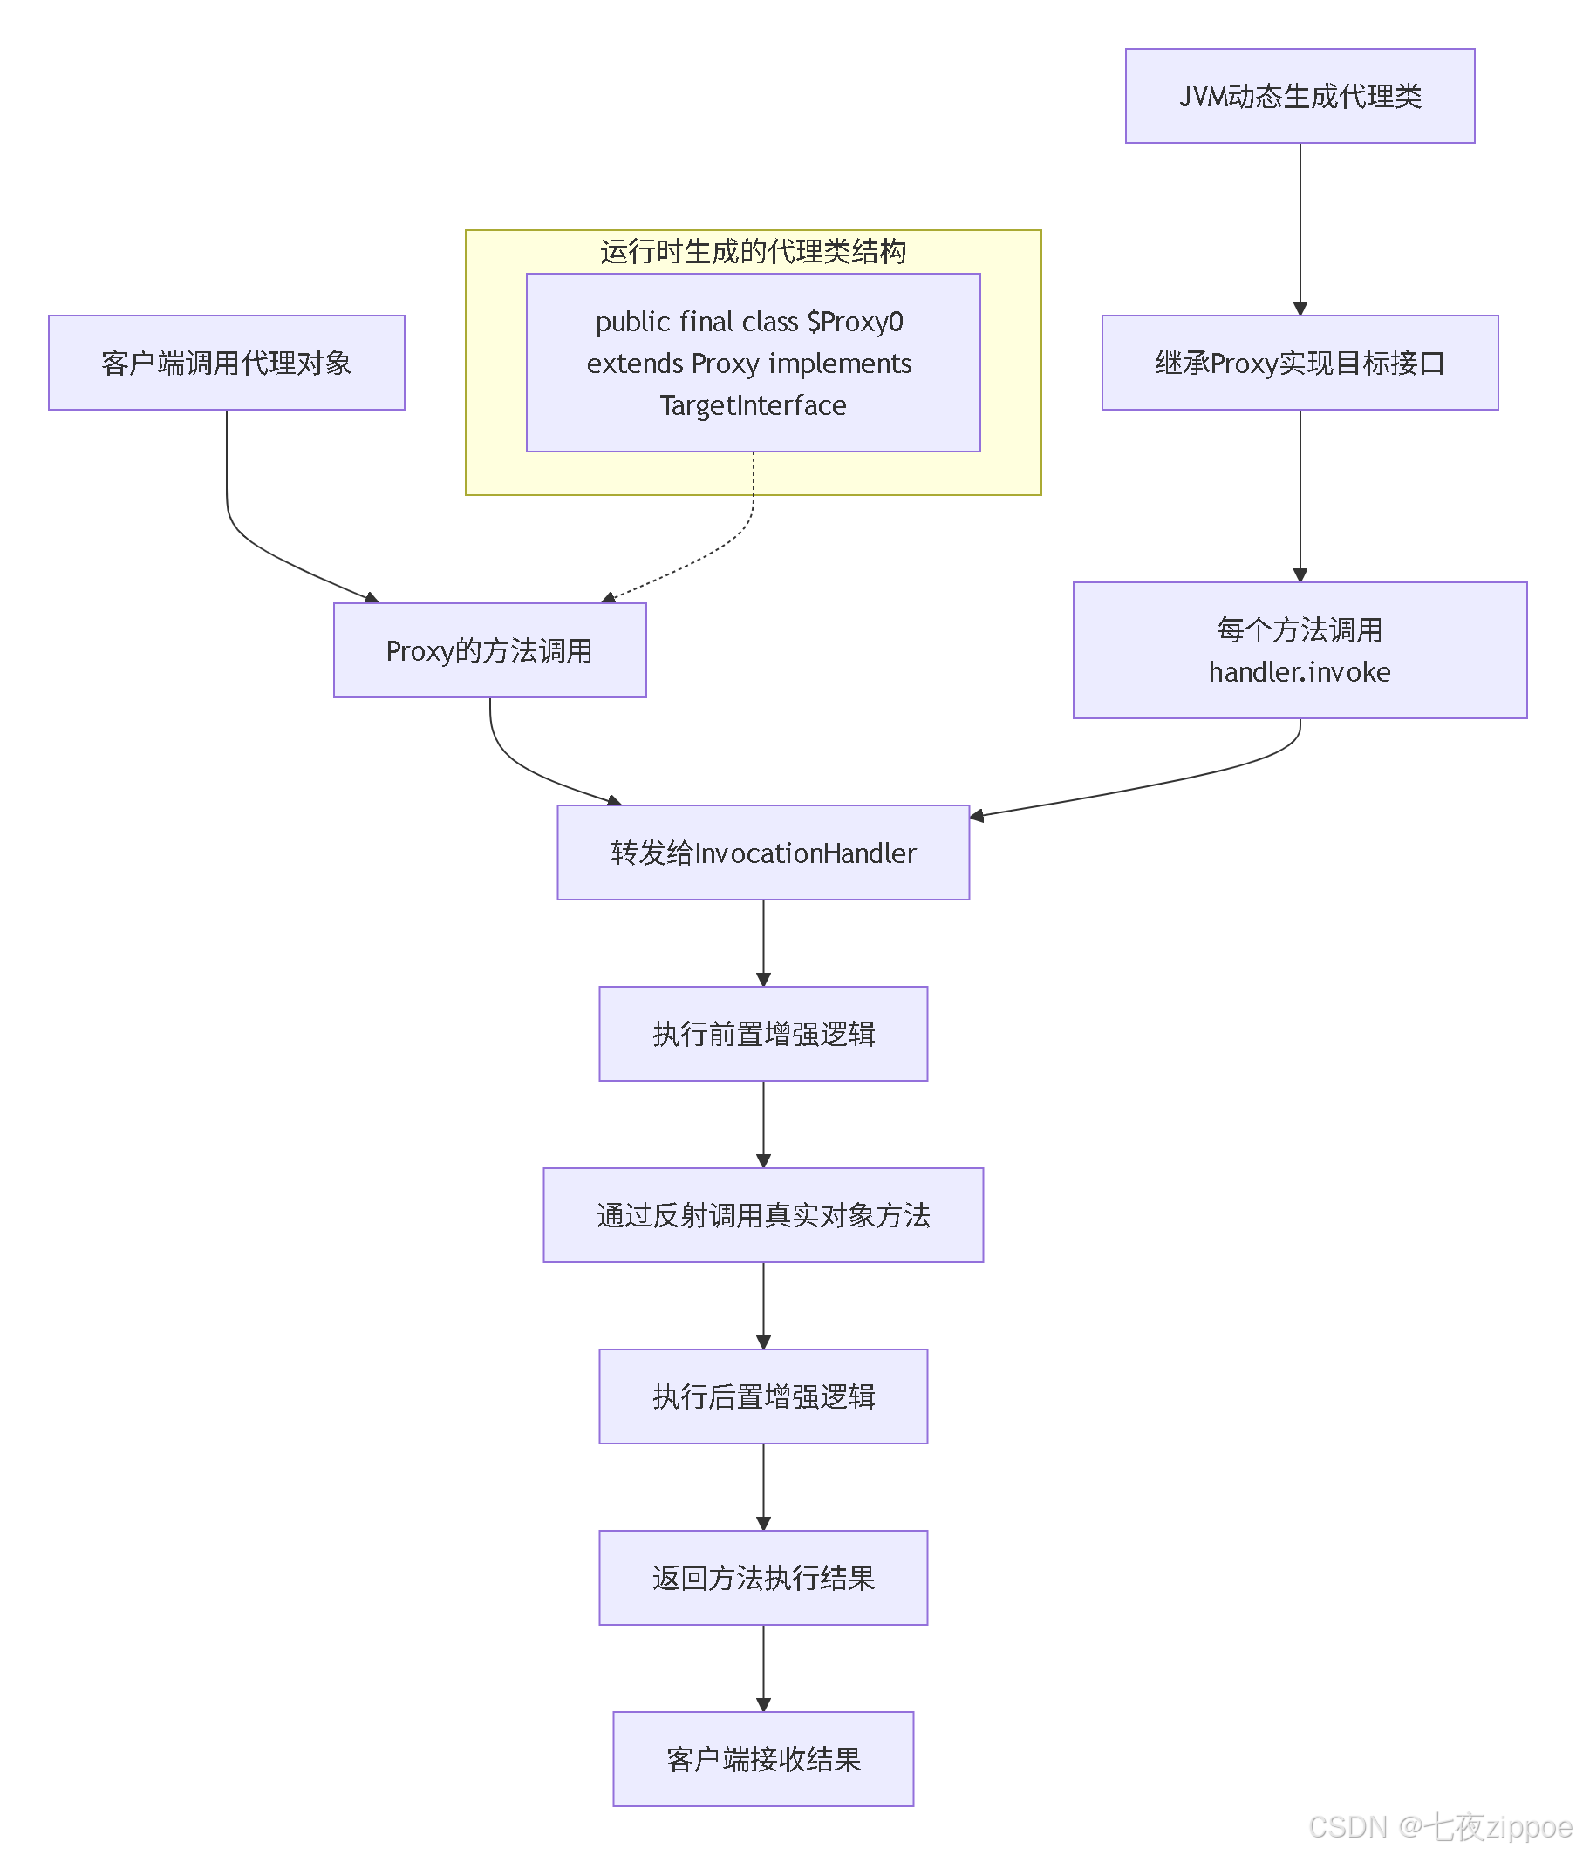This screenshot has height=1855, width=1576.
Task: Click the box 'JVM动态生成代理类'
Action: [x=1300, y=96]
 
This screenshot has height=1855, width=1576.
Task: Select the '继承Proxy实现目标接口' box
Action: [x=1300, y=363]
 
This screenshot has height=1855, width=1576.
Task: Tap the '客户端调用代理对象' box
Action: [x=227, y=363]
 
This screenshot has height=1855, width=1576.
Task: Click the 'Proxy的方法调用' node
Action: [x=489, y=650]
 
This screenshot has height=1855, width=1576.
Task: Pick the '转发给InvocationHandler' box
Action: [x=763, y=852]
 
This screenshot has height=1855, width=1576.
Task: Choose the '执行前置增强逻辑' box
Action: [x=763, y=1033]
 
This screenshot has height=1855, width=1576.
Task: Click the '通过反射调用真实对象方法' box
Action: [x=763, y=1214]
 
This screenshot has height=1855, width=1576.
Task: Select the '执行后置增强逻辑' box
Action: [x=763, y=1396]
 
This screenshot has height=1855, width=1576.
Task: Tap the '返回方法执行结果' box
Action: [x=763, y=1577]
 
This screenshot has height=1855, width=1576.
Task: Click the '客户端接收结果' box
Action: [x=763, y=1758]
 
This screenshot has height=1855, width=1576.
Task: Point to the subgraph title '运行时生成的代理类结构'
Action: [x=754, y=252]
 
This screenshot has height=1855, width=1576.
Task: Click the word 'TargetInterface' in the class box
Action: [x=754, y=405]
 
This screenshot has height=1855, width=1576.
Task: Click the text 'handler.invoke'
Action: [x=1300, y=671]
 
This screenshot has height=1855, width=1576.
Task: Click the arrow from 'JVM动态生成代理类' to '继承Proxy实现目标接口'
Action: [x=1300, y=228]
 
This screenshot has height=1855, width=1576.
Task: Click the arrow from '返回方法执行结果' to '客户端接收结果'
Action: [x=763, y=1668]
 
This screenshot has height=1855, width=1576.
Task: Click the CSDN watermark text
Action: [x=1440, y=1827]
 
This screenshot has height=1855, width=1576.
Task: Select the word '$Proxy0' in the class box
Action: [x=855, y=322]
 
